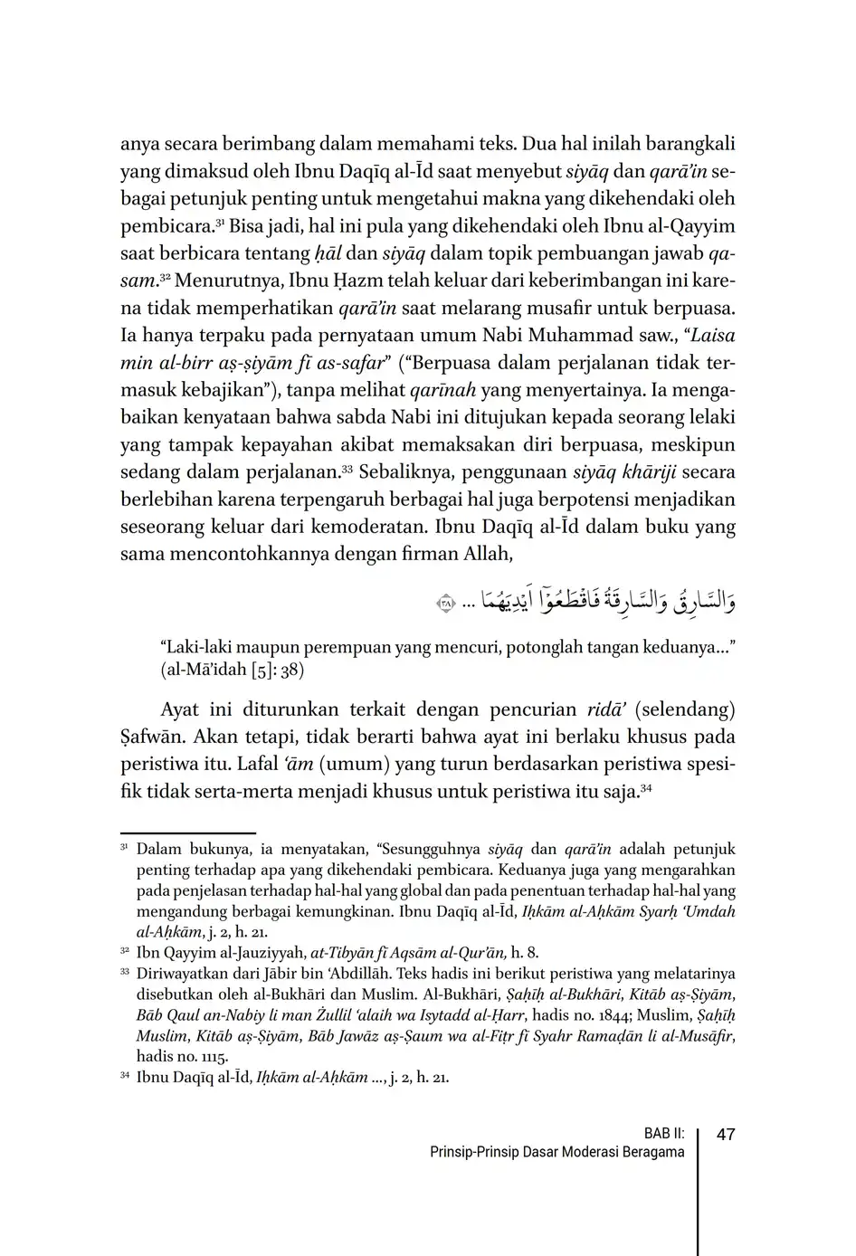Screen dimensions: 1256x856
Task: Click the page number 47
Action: coord(726,1134)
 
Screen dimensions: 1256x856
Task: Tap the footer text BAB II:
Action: coord(664,1133)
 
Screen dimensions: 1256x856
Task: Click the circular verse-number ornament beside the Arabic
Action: coord(443,603)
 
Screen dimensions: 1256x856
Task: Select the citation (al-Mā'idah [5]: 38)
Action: coord(233,671)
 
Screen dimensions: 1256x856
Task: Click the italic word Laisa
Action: coord(712,336)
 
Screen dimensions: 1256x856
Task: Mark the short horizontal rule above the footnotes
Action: coord(188,833)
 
